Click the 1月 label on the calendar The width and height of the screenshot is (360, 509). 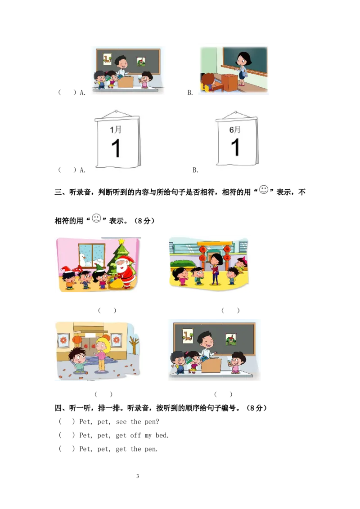point(116,129)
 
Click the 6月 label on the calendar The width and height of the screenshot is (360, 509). point(235,129)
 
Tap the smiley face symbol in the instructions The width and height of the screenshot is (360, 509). point(264,190)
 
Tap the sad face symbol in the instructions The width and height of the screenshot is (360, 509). point(96,218)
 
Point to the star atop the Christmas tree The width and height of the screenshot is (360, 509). point(121,241)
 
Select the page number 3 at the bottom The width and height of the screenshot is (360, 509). point(137,476)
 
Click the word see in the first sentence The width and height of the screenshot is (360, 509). point(121,422)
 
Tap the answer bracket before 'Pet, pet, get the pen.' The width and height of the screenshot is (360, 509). point(67,449)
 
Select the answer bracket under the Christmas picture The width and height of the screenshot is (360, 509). point(107,311)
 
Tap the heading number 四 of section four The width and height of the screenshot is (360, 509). point(58,408)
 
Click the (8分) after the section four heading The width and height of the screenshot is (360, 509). point(256,408)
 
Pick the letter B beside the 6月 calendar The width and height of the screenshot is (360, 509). point(195,170)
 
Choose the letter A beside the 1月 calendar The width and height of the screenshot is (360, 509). point(82,170)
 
